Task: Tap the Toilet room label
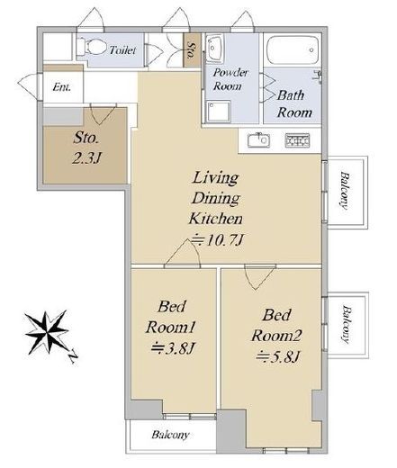click(x=122, y=49)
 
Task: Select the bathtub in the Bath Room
click(x=293, y=49)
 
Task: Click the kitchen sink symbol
click(x=258, y=140)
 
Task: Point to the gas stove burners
click(x=297, y=140)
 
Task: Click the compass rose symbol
click(x=47, y=332)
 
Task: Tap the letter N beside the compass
click(x=73, y=357)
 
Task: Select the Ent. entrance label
click(x=61, y=87)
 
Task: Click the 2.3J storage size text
click(x=86, y=157)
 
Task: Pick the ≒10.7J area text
click(x=217, y=240)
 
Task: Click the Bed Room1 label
click(x=171, y=317)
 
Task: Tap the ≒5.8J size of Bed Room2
click(x=277, y=356)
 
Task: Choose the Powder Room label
click(x=230, y=79)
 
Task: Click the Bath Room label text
click(x=294, y=103)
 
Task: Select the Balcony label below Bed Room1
click(x=170, y=435)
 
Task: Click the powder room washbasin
click(x=214, y=48)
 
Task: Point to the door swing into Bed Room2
click(x=259, y=277)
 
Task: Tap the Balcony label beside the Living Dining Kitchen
click(x=345, y=191)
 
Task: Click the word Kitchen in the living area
click(x=216, y=219)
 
